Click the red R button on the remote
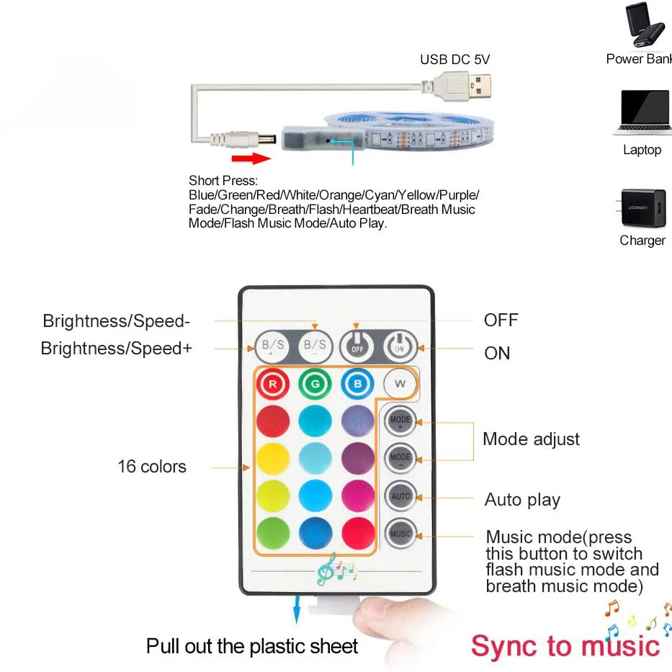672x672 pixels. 272,384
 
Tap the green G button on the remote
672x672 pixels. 315,384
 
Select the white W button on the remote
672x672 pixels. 400,383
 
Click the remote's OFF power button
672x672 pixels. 358,346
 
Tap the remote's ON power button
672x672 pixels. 400,346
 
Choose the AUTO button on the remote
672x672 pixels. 400,496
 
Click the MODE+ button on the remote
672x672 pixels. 400,421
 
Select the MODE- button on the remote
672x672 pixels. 400,458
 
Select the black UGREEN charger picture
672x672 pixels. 642,208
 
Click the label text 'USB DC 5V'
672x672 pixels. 454,60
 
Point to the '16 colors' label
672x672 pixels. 152,467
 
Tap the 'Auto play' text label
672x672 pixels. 522,500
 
